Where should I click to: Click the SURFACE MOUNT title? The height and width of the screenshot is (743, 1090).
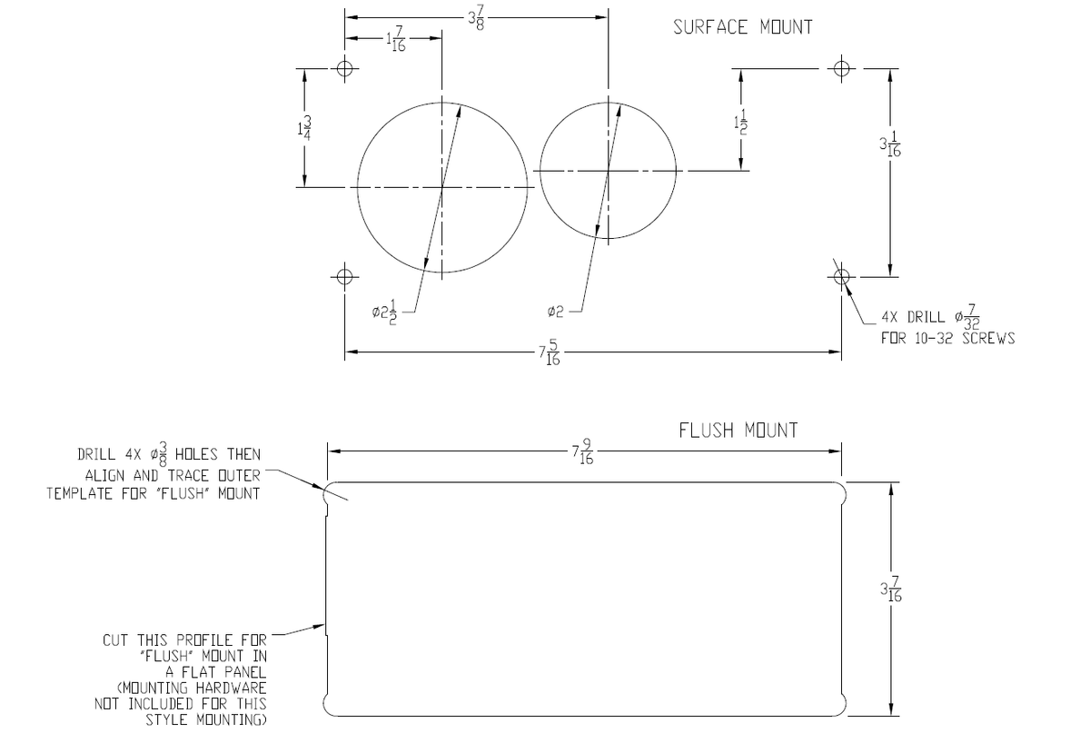tap(743, 27)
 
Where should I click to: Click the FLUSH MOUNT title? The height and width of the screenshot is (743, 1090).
tap(738, 431)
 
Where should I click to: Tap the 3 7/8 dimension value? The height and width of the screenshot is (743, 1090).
tap(476, 18)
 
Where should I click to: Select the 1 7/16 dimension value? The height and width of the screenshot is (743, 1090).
tap(396, 39)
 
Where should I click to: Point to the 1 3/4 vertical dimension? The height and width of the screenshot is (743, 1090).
tap(304, 128)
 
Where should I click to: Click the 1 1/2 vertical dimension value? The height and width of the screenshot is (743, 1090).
tap(740, 123)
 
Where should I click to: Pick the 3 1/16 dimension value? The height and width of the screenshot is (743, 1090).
tap(890, 144)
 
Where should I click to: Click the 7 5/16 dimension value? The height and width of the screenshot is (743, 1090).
tap(550, 352)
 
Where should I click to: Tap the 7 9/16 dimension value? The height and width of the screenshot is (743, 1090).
tap(582, 452)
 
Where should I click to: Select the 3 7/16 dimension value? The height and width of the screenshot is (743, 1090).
tap(891, 589)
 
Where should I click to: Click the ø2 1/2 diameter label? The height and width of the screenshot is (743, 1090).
tap(385, 312)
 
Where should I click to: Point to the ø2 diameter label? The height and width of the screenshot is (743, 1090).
tap(555, 312)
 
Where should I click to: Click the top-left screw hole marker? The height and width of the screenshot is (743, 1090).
tap(344, 68)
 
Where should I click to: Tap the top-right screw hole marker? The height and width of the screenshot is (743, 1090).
tap(841, 68)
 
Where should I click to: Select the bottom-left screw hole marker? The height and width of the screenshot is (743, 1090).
tap(344, 277)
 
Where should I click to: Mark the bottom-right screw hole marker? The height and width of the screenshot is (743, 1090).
tap(841, 277)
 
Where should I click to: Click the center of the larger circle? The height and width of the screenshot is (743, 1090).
tap(441, 187)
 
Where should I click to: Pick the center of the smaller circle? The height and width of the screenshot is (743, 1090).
tap(608, 171)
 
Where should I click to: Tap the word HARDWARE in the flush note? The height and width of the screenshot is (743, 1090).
tap(231, 689)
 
